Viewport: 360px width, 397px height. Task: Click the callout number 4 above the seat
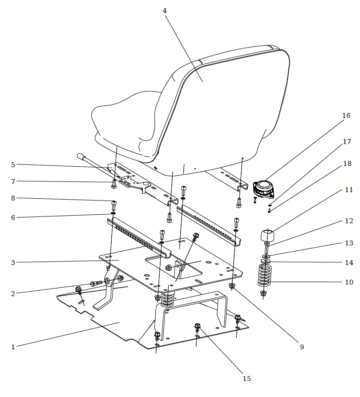pos(165,11)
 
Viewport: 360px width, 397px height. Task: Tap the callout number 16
pos(346,116)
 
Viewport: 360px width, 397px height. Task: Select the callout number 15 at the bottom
pos(247,378)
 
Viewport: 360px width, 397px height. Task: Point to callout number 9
pos(302,347)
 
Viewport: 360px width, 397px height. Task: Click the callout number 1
pos(13,347)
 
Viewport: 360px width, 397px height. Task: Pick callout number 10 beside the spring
pos(349,282)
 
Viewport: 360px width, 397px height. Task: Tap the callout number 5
pos(13,165)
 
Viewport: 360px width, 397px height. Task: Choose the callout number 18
pos(348,164)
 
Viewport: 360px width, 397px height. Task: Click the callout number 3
pos(13,263)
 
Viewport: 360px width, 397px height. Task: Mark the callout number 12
pos(349,221)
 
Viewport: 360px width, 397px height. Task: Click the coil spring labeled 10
pos(264,276)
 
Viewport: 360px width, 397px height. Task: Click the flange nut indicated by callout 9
pos(231,286)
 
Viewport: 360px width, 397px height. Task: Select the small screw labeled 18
pos(270,210)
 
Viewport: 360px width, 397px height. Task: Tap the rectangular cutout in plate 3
pos(174,267)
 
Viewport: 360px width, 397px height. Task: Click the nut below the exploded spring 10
pos(263,293)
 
